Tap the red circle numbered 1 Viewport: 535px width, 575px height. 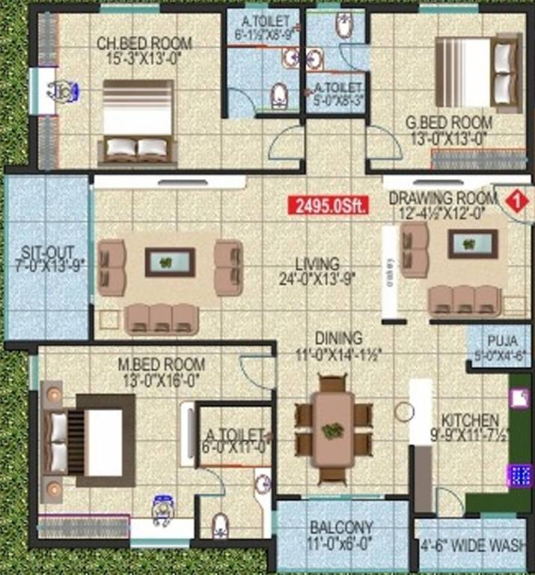513,201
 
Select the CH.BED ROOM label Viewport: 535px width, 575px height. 144,43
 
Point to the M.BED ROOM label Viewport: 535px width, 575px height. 162,365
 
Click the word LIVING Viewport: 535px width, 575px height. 317,264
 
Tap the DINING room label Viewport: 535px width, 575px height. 339,338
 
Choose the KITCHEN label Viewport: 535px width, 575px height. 470,419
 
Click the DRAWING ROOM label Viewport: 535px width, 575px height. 442,198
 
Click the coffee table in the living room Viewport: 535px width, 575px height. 170,262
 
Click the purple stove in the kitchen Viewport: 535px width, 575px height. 519,475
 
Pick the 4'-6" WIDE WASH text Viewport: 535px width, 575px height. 473,547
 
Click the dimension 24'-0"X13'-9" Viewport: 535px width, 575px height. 317,279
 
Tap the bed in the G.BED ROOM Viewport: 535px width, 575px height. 480,72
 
